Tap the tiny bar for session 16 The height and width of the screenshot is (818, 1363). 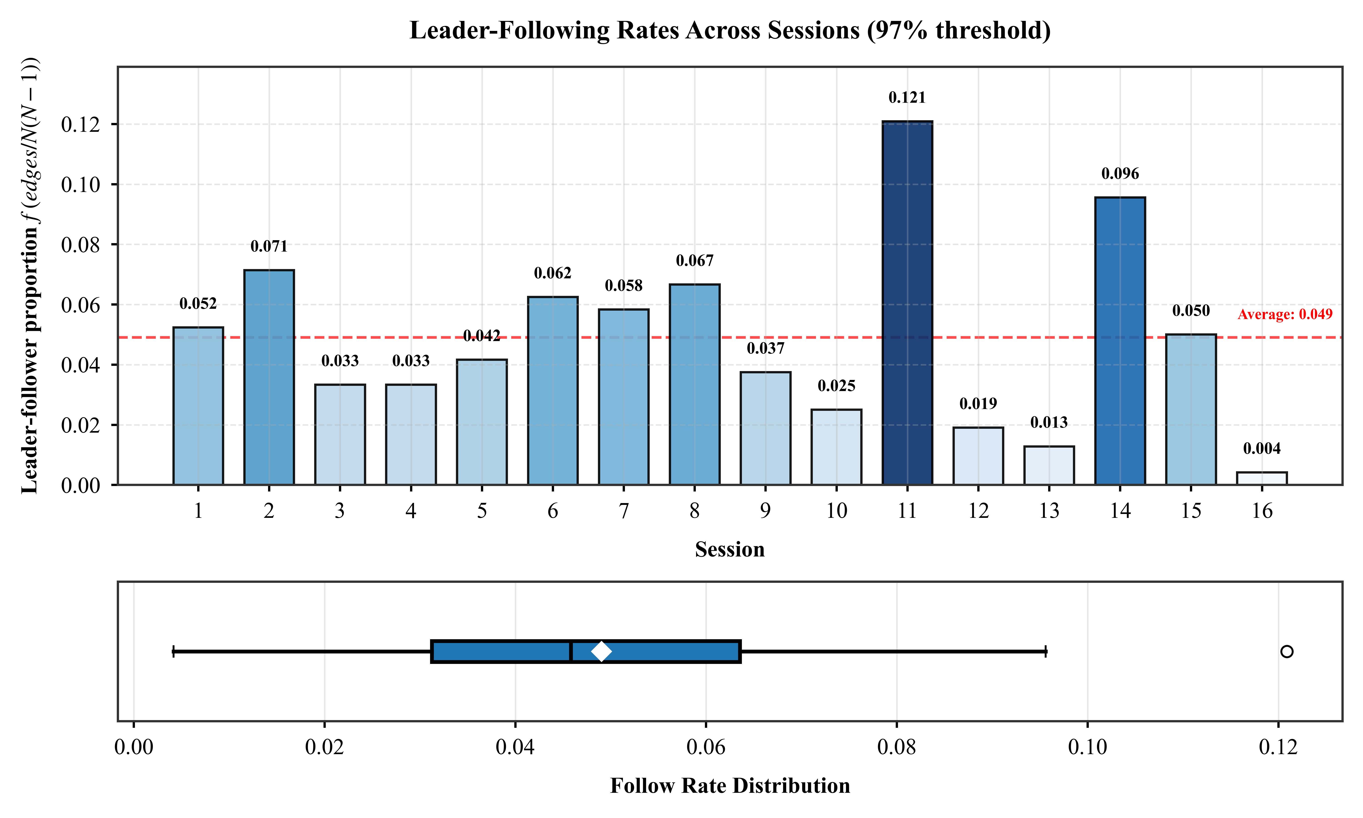[x=1262, y=479]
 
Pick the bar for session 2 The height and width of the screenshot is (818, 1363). [x=269, y=378]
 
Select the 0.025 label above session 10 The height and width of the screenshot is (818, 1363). [x=836, y=386]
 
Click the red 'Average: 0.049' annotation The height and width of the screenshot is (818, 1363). [x=1285, y=314]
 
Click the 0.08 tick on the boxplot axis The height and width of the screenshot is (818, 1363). [x=896, y=747]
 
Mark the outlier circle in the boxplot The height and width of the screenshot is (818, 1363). [x=1286, y=651]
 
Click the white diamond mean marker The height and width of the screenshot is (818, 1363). [x=601, y=651]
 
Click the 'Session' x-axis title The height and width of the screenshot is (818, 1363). [x=729, y=550]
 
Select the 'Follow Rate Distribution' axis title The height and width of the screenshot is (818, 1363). [x=729, y=786]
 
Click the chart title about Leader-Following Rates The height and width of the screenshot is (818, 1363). [x=729, y=30]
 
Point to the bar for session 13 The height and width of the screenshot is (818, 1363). [x=1049, y=466]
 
